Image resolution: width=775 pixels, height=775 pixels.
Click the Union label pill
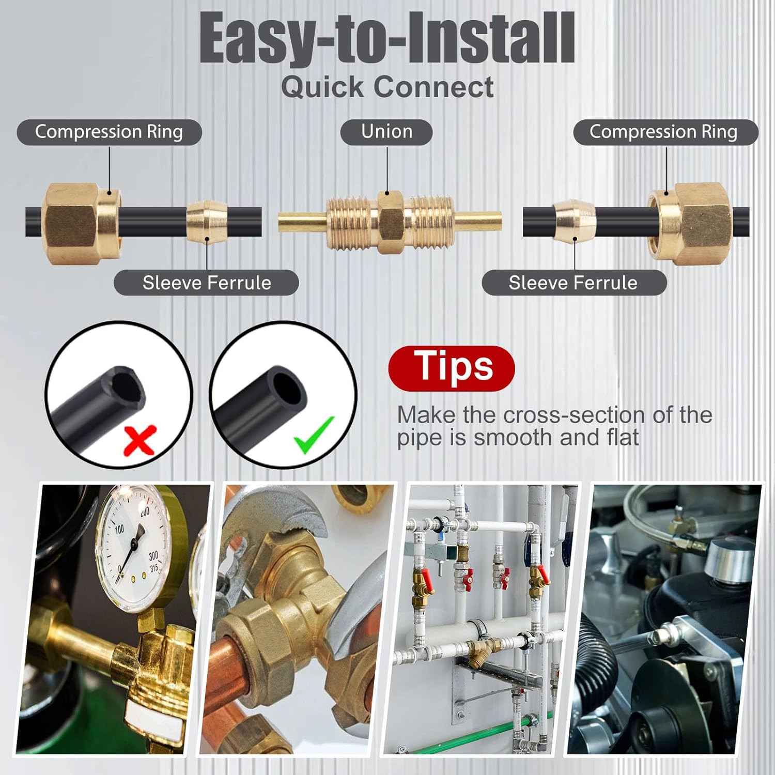[386, 132]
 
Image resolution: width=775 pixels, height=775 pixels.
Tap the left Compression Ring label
[109, 132]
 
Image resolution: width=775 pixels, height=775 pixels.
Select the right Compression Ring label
[665, 132]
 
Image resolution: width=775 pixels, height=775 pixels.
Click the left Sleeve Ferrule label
[206, 283]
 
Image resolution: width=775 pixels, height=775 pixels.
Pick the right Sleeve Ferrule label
[574, 283]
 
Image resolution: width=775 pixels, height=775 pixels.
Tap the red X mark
[140, 440]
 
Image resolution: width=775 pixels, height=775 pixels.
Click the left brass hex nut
[82, 223]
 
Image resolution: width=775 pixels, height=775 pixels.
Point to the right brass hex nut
[689, 223]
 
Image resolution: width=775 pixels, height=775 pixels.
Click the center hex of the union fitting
[391, 222]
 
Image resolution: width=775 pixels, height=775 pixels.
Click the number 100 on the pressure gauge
[119, 529]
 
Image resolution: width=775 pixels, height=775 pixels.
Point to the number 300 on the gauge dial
[153, 556]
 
